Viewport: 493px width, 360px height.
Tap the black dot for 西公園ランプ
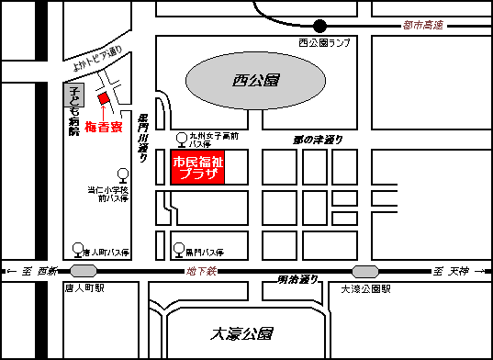pyautogui.click(x=319, y=26)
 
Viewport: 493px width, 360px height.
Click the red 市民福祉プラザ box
pyautogui.click(x=198, y=167)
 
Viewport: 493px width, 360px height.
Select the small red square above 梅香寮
pyautogui.click(x=104, y=98)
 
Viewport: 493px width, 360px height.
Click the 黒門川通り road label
pyautogui.click(x=143, y=139)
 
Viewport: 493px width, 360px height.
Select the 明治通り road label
pyautogui.click(x=297, y=279)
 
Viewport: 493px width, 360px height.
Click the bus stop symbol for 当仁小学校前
pyautogui.click(x=122, y=173)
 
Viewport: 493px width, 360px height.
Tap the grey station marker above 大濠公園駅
pyautogui.click(x=365, y=271)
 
